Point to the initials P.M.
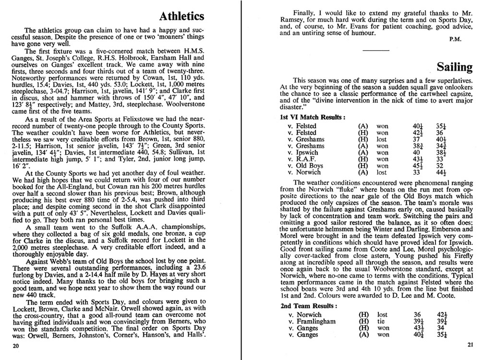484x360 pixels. tap(455, 39)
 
